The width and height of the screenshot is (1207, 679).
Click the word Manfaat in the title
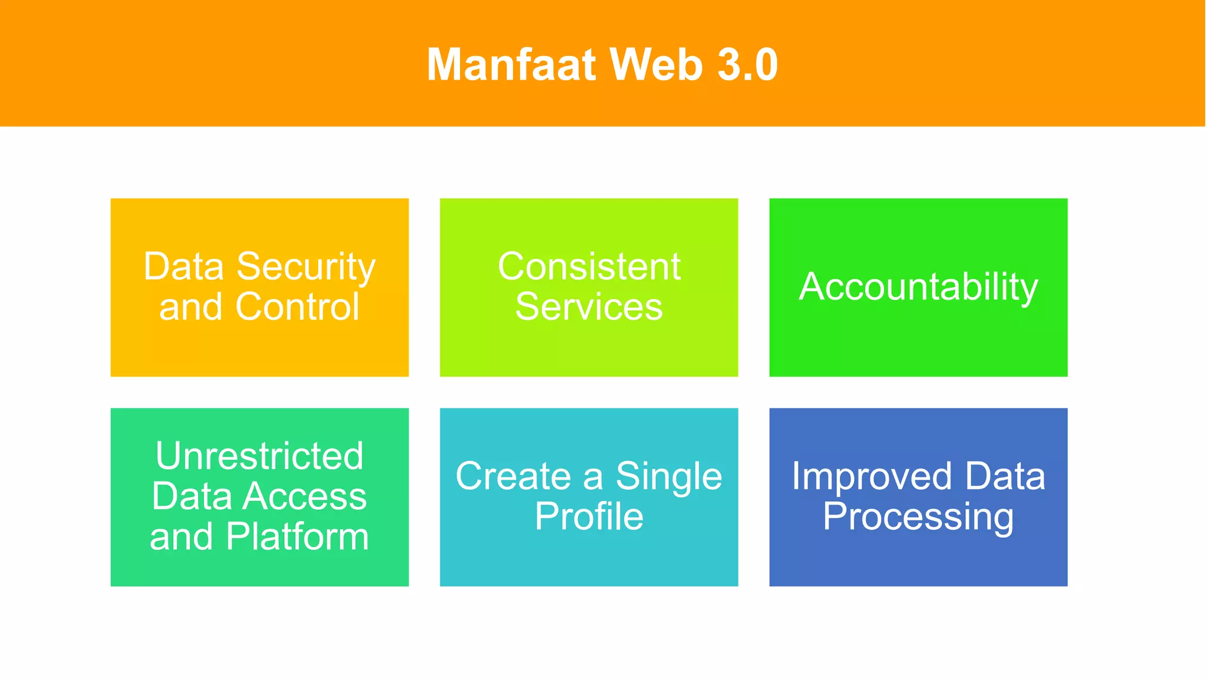point(511,64)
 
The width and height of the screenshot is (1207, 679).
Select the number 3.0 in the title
point(747,64)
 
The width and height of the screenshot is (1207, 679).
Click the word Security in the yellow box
point(306,268)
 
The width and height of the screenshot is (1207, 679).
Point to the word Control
point(297,307)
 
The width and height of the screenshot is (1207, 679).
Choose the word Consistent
point(589,266)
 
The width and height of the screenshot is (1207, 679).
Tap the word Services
point(589,307)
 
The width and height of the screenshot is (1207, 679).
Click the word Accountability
point(918,287)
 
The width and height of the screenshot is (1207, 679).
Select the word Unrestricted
point(259,456)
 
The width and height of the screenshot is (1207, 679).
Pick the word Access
point(305,496)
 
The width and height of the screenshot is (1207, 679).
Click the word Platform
point(297,537)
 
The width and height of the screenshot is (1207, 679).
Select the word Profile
point(589,517)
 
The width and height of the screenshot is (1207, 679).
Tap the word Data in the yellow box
point(184,267)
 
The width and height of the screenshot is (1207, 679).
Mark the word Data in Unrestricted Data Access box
point(192,496)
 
